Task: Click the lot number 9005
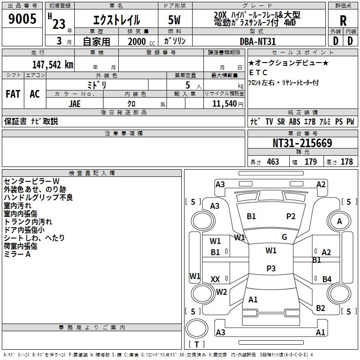click(x=22, y=18)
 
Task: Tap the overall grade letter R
click(x=343, y=21)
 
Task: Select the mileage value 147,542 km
click(x=53, y=65)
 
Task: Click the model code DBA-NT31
click(x=257, y=41)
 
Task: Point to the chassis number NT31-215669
click(x=302, y=143)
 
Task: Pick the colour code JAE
click(x=75, y=104)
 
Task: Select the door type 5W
click(x=174, y=20)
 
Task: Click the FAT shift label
click(x=13, y=94)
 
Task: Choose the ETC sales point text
click(x=258, y=72)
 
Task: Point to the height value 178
click(x=346, y=162)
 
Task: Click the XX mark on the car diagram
click(x=215, y=279)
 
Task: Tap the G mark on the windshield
click(x=284, y=237)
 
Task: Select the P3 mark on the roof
click(x=271, y=268)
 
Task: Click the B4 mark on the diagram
click(x=327, y=279)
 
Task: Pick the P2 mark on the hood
click(x=291, y=216)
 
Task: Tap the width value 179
click(x=310, y=162)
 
